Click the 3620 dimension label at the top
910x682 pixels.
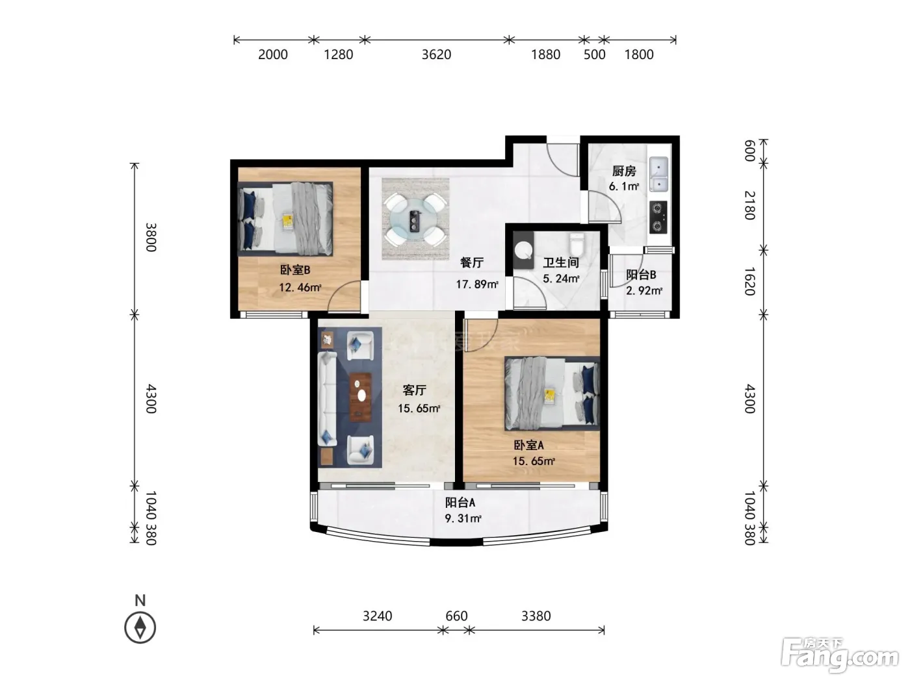436,55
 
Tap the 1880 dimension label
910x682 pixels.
545,55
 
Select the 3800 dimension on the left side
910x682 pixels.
151,237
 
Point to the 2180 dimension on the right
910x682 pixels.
750,205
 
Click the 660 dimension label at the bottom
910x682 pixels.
456,616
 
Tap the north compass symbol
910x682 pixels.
140,627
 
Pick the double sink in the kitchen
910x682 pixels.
658,174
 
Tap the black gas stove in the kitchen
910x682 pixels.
658,218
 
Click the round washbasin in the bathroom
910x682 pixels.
524,251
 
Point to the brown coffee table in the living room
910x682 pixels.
360,397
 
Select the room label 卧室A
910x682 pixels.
528,446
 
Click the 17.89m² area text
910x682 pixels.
477,284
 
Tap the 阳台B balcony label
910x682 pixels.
641,275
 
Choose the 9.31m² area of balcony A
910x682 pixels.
463,518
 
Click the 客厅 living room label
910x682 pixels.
415,390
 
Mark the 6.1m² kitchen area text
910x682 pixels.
624,187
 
